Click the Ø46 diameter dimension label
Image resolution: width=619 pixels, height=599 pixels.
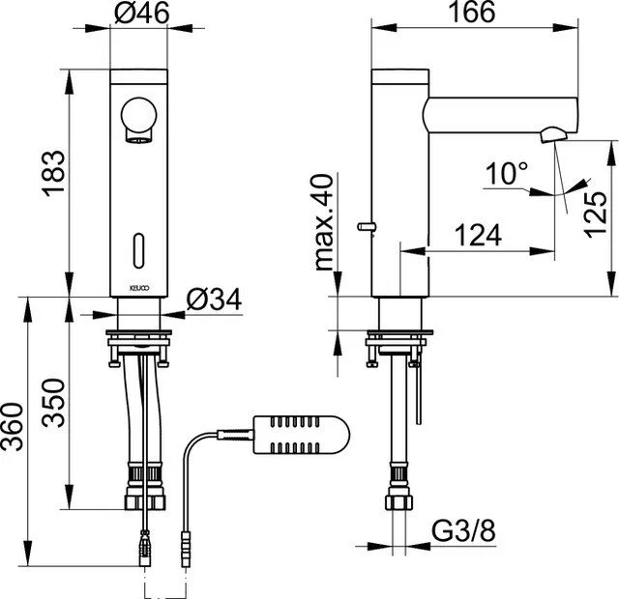coord(142,13)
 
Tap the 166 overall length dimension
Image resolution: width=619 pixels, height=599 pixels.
coord(472,12)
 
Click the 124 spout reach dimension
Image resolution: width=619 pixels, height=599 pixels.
coord(478,235)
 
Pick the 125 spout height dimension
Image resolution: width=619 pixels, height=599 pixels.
coord(596,214)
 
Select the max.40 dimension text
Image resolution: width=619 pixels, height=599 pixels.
coord(325,222)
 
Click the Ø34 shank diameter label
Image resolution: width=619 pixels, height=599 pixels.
coord(214,299)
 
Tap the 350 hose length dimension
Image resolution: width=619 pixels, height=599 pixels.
coord(53,403)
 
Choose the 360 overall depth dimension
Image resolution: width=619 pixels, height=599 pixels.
coord(12,427)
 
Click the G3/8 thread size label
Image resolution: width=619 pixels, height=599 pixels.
coord(463,531)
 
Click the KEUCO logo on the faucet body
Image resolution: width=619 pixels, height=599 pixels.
coord(138,288)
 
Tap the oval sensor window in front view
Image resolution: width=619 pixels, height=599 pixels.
coord(138,251)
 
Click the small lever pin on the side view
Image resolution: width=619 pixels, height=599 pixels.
coord(367,226)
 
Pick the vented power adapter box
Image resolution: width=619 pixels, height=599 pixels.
coord(301,435)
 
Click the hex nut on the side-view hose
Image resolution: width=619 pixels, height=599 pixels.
coord(399,502)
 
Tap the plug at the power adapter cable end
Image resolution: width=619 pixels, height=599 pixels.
coord(186,549)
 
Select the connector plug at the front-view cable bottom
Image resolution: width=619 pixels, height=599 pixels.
coord(145,549)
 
